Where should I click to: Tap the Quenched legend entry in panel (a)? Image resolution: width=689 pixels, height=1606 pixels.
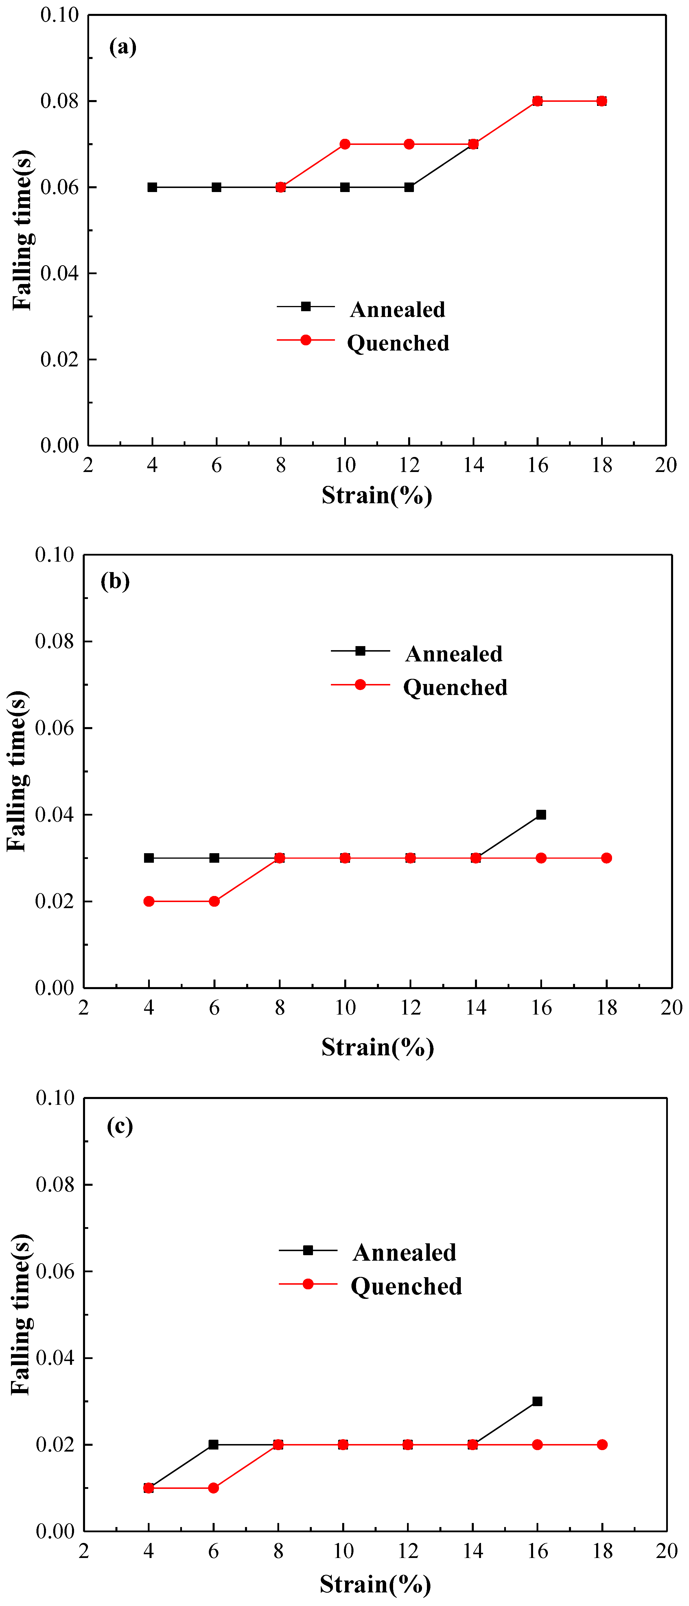point(398,343)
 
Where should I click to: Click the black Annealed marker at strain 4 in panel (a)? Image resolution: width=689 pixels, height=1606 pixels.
point(152,187)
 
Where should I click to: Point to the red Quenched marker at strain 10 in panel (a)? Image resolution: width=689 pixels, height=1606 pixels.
point(345,144)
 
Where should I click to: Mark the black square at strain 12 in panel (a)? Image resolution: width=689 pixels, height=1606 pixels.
point(409,187)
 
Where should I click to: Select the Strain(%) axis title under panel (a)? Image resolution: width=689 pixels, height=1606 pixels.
point(377,495)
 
